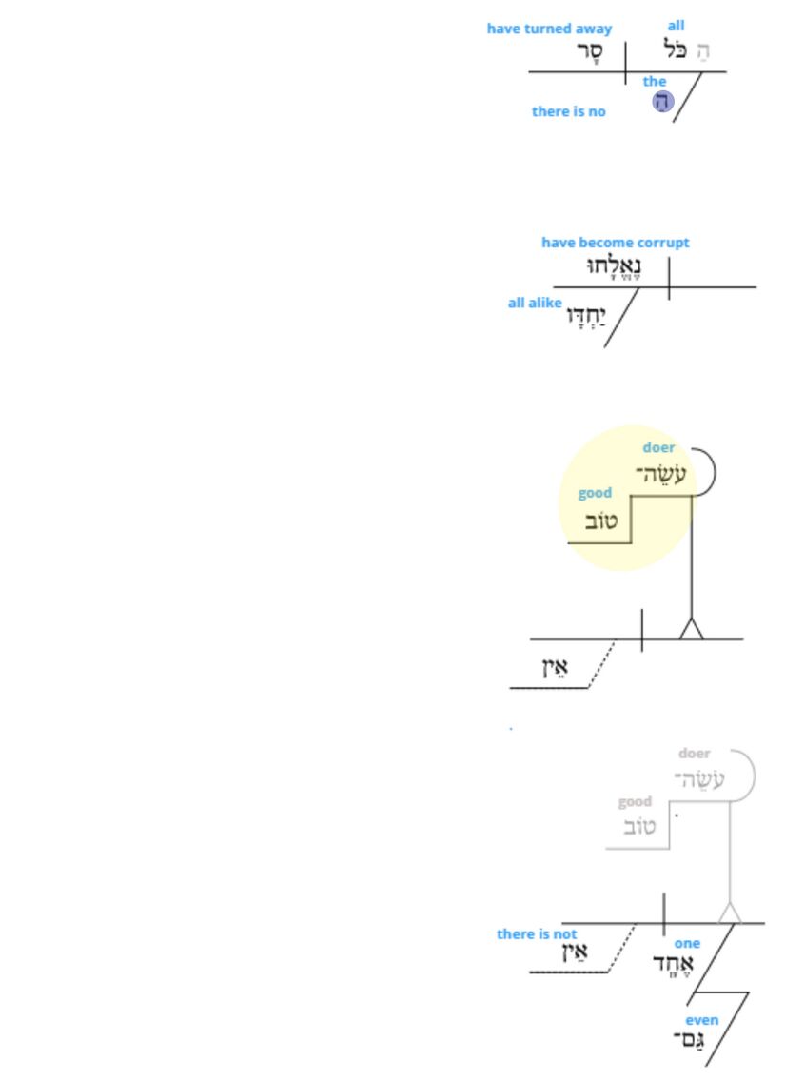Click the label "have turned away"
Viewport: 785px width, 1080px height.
pyautogui.click(x=549, y=29)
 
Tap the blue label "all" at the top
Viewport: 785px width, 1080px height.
pyautogui.click(x=676, y=26)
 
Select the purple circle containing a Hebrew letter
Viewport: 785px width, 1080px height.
pyautogui.click(x=663, y=102)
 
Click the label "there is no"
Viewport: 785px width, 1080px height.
pyautogui.click(x=568, y=111)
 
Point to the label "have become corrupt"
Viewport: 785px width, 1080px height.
pyautogui.click(x=615, y=243)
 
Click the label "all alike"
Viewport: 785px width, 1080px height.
pyautogui.click(x=534, y=303)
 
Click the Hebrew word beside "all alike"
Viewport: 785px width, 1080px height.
pyautogui.click(x=586, y=315)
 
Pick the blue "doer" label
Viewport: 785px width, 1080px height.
pyautogui.click(x=658, y=447)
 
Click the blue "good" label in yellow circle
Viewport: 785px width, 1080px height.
pyautogui.click(x=595, y=493)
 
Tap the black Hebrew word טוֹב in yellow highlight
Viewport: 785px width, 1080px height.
pyautogui.click(x=599, y=521)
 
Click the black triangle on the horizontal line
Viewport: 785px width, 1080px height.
pyautogui.click(x=691, y=629)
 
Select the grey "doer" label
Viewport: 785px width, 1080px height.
pyautogui.click(x=695, y=754)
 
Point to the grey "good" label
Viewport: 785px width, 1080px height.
pyautogui.click(x=635, y=801)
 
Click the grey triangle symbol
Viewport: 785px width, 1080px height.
pyautogui.click(x=729, y=913)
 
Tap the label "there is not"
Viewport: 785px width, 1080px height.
pyautogui.click(x=536, y=933)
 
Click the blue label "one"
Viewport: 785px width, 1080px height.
pyautogui.click(x=687, y=943)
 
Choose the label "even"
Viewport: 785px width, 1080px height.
pyautogui.click(x=702, y=1020)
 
